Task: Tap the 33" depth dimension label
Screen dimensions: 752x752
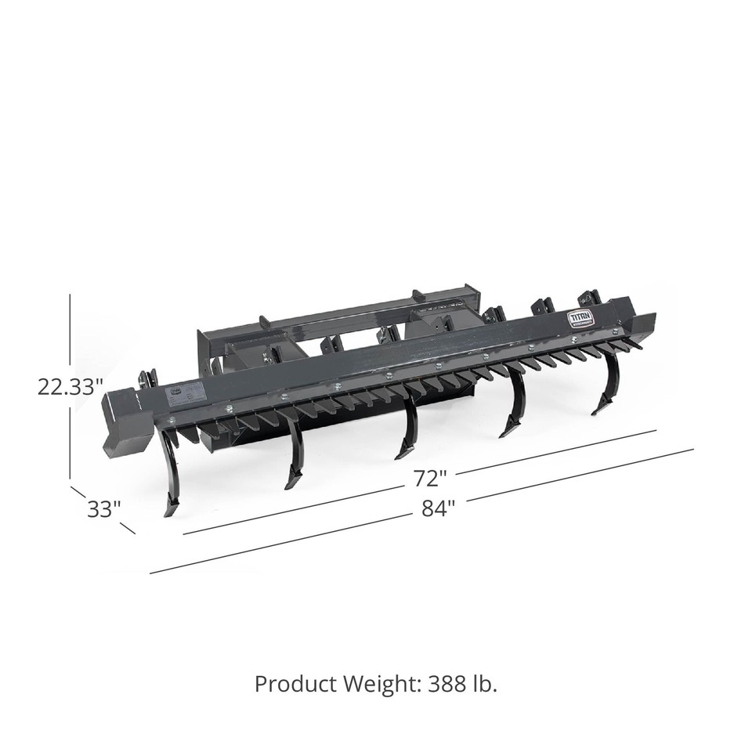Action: tap(103, 508)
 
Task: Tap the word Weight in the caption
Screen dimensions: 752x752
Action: tap(379, 684)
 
